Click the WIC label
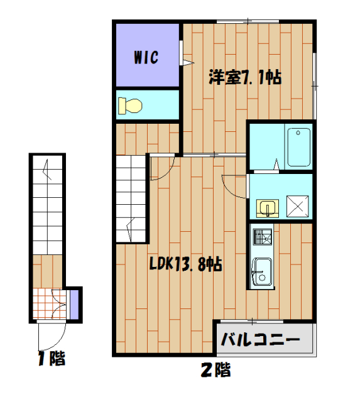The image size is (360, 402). coord(145,57)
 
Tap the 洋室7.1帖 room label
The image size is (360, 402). coord(244,78)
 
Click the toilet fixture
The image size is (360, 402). coord(131,106)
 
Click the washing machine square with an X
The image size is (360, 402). coord(298,205)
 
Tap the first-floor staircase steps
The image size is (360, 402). coord(46,207)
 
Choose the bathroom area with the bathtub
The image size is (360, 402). coord(280,146)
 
